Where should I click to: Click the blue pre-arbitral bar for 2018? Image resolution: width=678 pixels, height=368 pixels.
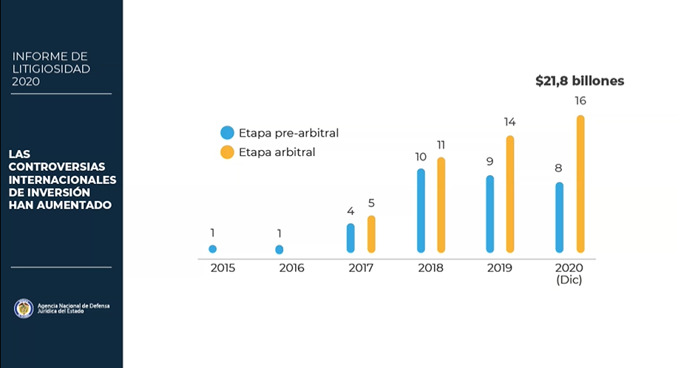coord(421,211)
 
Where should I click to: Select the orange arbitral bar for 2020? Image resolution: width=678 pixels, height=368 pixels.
coord(580,184)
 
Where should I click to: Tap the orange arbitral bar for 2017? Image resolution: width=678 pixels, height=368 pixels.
coord(371,234)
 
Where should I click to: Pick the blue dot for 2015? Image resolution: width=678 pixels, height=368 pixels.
coord(213,249)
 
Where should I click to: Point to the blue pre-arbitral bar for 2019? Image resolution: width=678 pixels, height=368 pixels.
coord(489,214)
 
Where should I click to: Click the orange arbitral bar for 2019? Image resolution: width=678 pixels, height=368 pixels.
coord(510,194)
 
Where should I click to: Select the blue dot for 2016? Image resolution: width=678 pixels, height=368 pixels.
coord(279,250)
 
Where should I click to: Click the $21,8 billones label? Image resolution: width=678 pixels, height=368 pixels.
coord(580,81)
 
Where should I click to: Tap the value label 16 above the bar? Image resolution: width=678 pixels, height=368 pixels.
coord(580,100)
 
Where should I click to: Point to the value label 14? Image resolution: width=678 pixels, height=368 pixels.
coord(509,121)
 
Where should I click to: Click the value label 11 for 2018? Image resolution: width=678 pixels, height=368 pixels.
coord(441,144)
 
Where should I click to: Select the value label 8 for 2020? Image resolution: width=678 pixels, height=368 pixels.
coord(559,168)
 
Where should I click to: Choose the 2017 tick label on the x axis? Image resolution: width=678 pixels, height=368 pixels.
coord(361,268)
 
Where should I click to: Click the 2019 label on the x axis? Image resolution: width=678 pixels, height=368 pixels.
coord(500,268)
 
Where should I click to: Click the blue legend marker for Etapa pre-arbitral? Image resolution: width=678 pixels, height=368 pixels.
coord(228,133)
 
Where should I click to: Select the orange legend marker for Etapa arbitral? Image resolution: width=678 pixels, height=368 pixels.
coord(228,152)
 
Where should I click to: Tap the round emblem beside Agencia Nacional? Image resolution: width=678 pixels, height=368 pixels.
coord(24,308)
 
